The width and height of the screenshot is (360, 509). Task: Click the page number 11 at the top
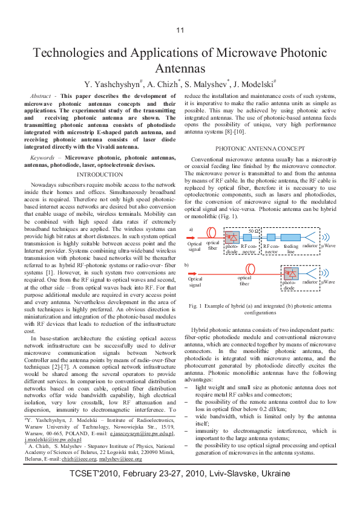pyautogui.click(x=180, y=31)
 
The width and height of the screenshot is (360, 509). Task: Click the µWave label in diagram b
pyautogui.click(x=329, y=282)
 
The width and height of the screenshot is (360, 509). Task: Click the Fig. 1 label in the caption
pyautogui.click(x=195, y=306)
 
